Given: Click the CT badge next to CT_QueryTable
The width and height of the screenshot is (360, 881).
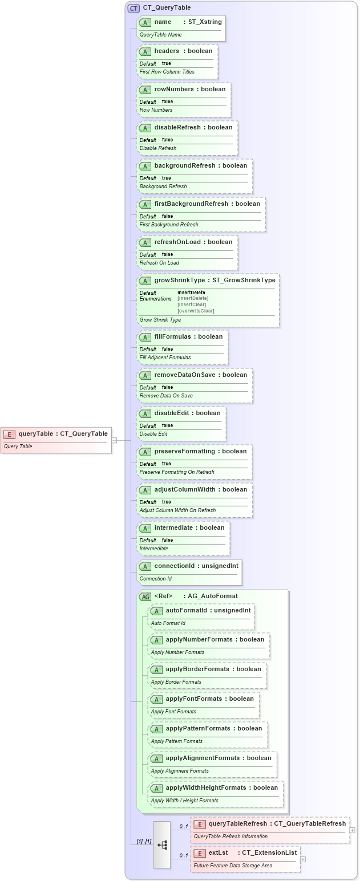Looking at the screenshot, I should coord(134,8).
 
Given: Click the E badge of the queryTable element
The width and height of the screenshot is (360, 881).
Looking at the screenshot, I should coord(9,434).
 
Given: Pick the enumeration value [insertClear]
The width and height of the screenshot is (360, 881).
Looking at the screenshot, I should coord(192,305).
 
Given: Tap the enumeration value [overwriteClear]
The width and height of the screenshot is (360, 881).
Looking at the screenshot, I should coord(196,311).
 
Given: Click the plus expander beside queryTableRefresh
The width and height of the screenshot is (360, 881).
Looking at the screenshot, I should coord(353,831).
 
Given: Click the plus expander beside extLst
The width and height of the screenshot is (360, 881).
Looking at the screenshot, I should coord(303,859).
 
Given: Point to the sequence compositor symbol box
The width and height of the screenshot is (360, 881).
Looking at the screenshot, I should coord(161,845).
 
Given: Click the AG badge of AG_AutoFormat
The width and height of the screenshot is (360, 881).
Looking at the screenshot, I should coord(145,596).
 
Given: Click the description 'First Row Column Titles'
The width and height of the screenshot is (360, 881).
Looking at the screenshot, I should coord(167,72).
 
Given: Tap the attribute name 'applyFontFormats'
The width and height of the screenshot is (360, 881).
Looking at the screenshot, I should coord(193,699).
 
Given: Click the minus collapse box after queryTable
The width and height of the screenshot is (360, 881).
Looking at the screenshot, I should coord(114,440).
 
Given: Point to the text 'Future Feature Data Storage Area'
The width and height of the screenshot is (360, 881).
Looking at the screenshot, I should coord(233,865).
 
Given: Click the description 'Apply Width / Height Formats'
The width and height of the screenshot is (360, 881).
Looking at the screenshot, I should coord(184,801).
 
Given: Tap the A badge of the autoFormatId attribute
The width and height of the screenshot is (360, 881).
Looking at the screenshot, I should coord(156,610).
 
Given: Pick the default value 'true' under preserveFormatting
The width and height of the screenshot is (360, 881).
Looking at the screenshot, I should coord(166,464).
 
